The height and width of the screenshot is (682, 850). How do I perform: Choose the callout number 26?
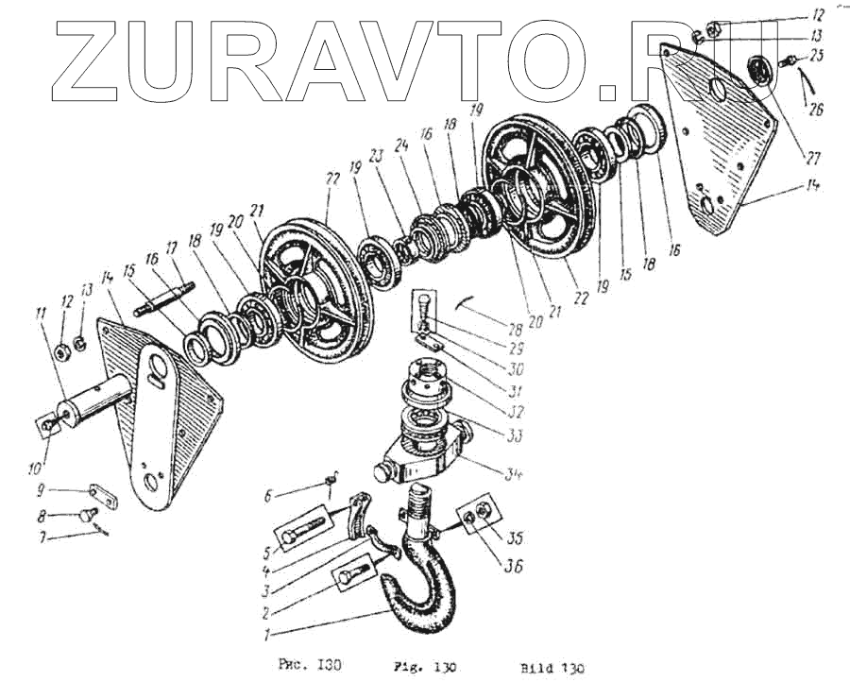pyautogui.click(x=814, y=109)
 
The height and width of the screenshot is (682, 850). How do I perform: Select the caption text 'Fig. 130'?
pyautogui.click(x=431, y=668)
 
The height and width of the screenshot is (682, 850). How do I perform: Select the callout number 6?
pyautogui.click(x=268, y=495)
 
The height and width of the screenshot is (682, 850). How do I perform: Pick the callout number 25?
pyautogui.click(x=816, y=57)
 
